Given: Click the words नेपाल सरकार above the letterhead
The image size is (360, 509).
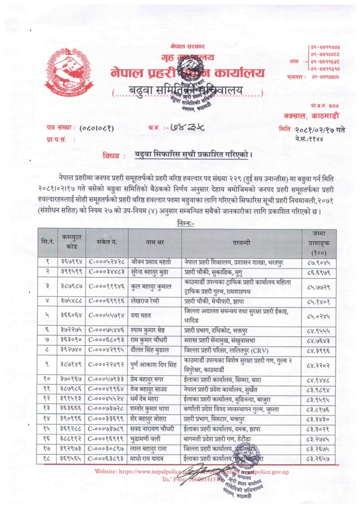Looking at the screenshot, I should (x=182, y=45).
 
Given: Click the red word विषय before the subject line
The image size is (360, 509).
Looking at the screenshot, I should (x=116, y=155).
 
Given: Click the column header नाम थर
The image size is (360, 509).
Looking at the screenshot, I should (x=155, y=243).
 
